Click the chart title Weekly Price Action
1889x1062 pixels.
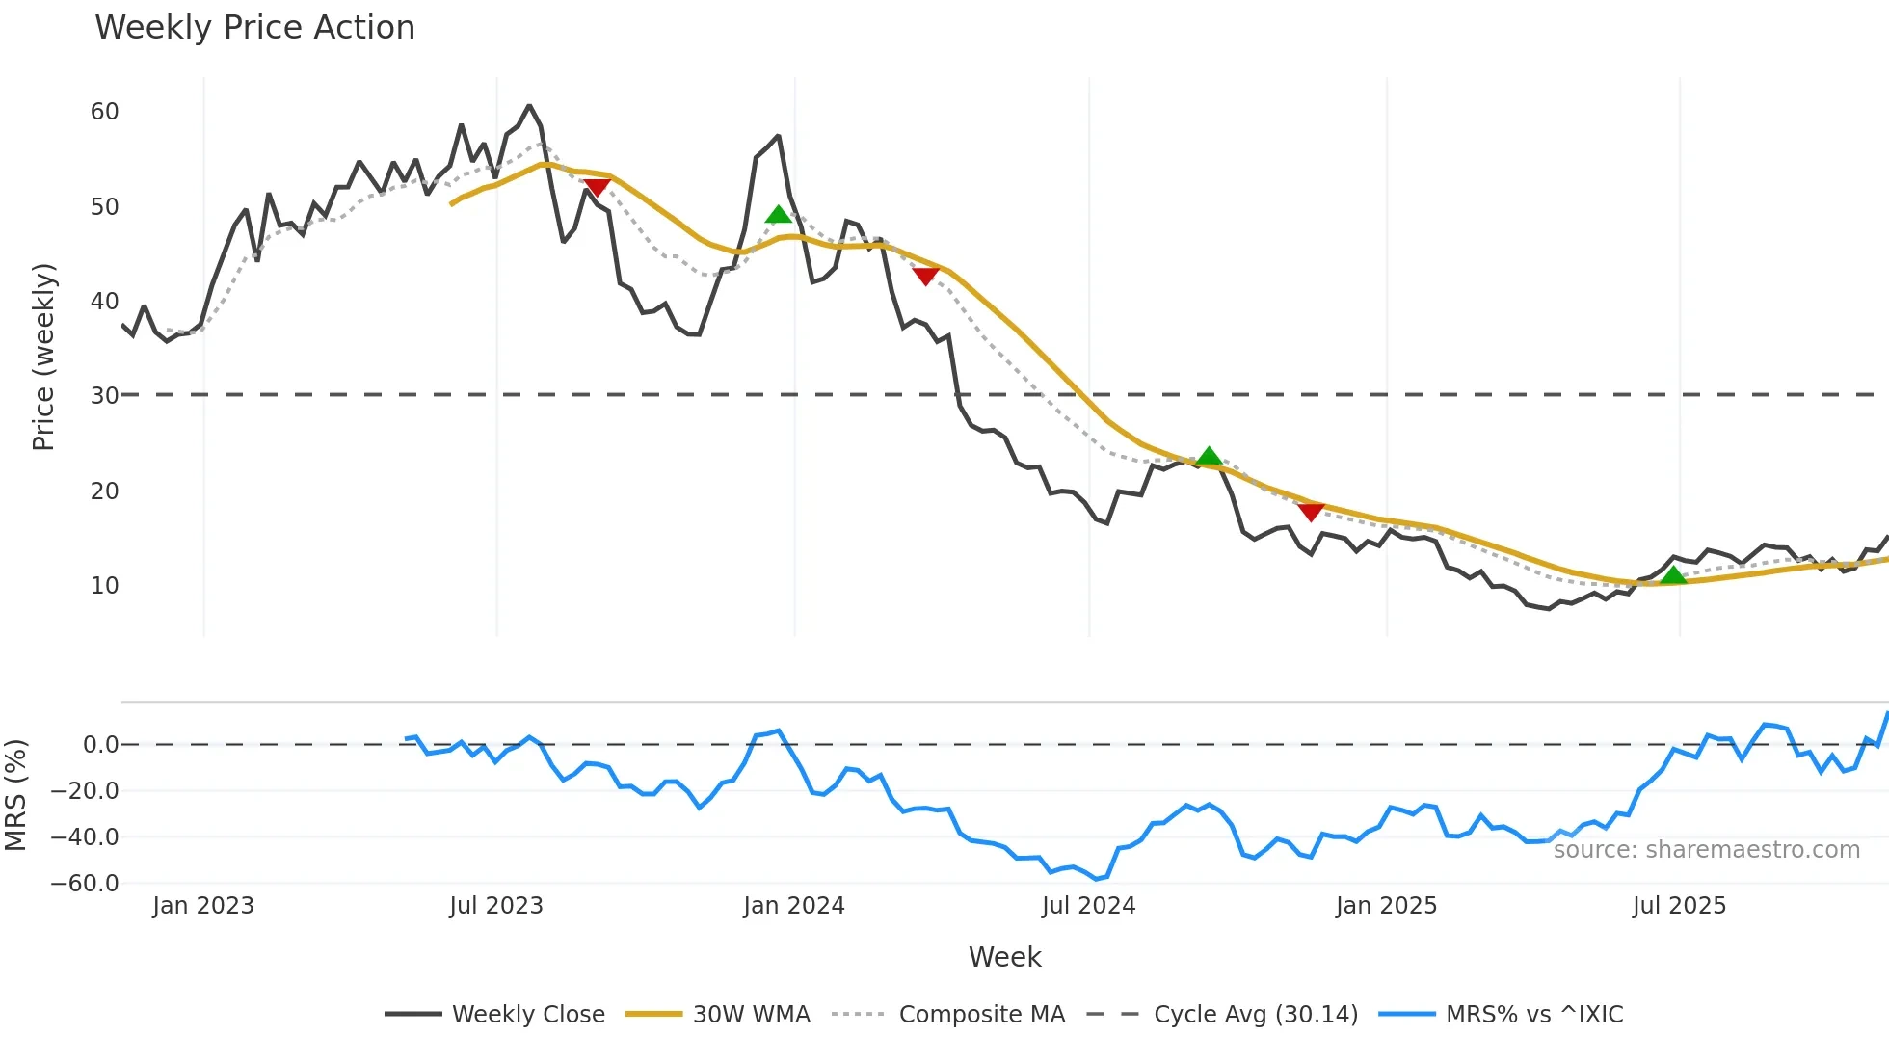coord(254,28)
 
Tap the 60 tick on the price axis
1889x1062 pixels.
coord(104,112)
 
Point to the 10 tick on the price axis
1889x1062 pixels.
coord(104,586)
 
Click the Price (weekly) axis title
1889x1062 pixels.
coord(43,357)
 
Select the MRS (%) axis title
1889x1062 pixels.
coord(15,795)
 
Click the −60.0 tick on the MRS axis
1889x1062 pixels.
coord(85,884)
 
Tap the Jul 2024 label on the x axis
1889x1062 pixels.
coord(1088,906)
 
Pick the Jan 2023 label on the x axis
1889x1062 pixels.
coord(203,906)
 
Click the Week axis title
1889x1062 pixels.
coord(1004,957)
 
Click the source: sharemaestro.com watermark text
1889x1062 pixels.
coord(1706,850)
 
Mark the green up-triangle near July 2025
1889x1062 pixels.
coord(1673,575)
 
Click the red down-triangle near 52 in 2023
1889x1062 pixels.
coord(597,187)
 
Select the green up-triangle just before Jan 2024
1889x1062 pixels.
coord(778,215)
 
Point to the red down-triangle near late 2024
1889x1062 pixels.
coord(1311,512)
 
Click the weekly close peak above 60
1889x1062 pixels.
coord(529,106)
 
